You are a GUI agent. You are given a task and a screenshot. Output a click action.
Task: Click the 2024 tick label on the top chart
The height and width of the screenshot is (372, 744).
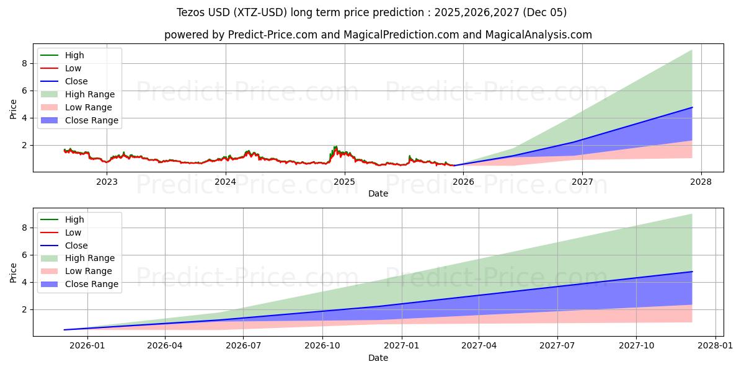coord(225,182)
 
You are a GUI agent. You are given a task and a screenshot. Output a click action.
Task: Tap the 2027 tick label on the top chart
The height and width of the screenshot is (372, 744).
coord(582,182)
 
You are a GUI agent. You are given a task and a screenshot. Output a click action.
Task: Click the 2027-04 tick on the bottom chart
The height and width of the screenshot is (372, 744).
coord(479,346)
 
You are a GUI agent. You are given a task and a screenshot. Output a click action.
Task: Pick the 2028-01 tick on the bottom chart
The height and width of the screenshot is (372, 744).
coord(715,346)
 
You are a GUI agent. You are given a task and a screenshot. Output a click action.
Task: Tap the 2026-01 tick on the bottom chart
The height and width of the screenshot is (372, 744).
coord(87,346)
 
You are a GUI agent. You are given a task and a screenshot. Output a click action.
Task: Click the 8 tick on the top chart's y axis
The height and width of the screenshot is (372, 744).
coord(25,63)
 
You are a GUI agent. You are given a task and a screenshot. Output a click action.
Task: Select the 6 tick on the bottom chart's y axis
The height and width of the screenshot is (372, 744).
coord(25,255)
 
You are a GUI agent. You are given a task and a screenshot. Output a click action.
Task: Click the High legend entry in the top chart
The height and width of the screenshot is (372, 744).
coord(74,55)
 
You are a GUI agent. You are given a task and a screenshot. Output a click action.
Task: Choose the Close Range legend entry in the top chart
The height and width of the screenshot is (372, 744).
coord(91,120)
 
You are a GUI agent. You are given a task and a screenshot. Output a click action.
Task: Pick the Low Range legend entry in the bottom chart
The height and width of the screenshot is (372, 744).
coord(89,271)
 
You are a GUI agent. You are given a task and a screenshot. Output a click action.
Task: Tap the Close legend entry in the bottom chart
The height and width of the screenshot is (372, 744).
coord(76,246)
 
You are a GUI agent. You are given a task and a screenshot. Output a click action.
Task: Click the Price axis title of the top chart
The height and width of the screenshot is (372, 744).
coord(13,108)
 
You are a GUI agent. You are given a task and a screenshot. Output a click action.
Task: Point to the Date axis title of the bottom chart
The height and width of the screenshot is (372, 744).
coord(378,358)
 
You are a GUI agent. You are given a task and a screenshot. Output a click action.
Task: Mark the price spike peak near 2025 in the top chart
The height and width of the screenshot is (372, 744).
coord(335,146)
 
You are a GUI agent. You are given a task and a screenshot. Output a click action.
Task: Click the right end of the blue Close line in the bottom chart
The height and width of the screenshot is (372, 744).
coord(692,272)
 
